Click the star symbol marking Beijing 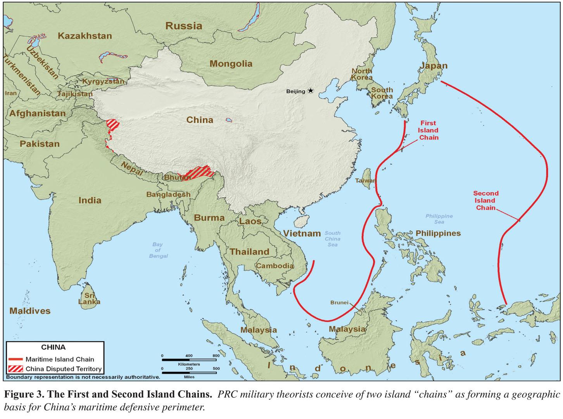(311, 91)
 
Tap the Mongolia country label (231, 64)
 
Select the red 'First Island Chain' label (428, 130)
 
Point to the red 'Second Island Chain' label (485, 200)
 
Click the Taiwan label (366, 181)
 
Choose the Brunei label (339, 302)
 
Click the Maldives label (30, 311)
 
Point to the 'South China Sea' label (332, 239)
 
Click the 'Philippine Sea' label (439, 219)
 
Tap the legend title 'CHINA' (54, 347)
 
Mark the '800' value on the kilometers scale (216, 356)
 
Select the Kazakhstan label (85, 36)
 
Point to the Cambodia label (275, 266)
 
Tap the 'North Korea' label (362, 74)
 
